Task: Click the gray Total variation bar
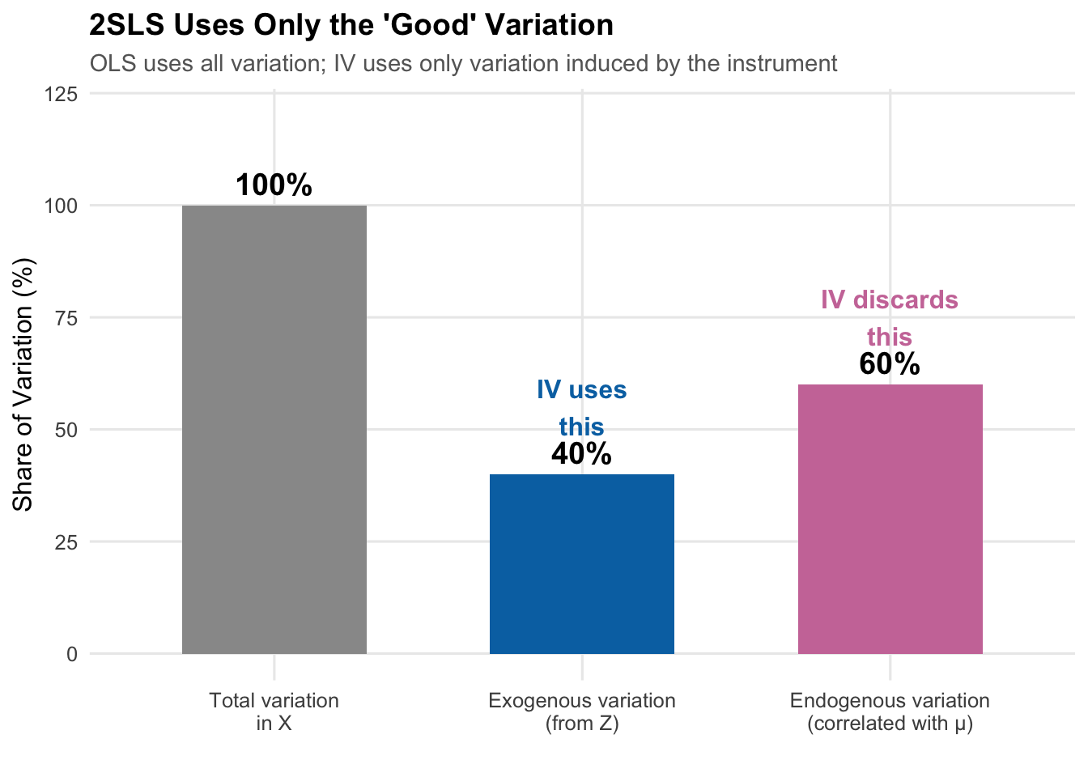click(274, 429)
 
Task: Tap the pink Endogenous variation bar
click(890, 519)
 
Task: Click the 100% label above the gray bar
click(274, 185)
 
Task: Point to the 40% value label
click(581, 454)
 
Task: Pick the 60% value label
click(890, 364)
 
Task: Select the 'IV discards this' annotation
click(890, 317)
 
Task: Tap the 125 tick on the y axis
click(62, 94)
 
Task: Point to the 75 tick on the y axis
click(67, 317)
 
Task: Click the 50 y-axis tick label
click(67, 430)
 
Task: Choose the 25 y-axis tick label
click(67, 541)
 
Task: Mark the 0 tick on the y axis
click(72, 654)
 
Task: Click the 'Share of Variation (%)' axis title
click(23, 384)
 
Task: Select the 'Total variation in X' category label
click(274, 711)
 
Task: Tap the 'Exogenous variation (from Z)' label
click(581, 711)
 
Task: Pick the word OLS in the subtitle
click(112, 63)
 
